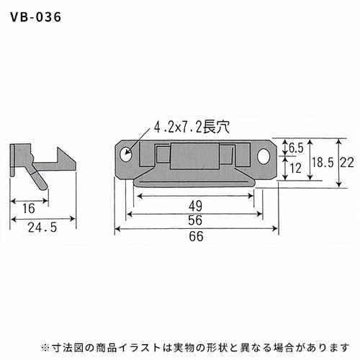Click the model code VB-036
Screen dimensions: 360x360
36,17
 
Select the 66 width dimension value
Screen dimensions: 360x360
196,236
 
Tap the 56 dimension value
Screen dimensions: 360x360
195,220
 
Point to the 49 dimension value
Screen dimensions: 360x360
195,206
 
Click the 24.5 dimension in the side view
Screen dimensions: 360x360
42,228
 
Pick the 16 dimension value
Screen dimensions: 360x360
29,208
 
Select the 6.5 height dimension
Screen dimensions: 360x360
296,148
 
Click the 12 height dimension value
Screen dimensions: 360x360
296,168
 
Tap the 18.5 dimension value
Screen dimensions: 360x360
323,163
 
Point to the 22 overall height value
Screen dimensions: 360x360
347,163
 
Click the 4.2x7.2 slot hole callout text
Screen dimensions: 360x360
192,127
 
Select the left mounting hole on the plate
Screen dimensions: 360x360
126,154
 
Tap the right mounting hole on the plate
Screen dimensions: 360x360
264,156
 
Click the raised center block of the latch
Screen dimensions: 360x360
195,156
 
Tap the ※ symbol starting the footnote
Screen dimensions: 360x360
45,347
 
